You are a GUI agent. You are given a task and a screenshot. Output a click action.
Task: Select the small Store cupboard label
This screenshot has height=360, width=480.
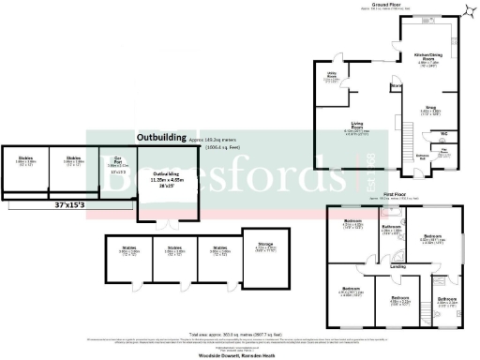pos(397,86)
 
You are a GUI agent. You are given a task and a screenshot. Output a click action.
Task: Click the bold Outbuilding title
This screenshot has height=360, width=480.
pos(160,138)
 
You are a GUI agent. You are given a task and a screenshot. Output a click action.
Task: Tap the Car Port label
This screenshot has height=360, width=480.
pos(117,159)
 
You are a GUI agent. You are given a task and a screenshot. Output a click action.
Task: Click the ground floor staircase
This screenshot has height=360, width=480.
pos(408,131)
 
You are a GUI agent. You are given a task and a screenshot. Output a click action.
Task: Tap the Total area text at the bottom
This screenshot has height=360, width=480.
pos(240,334)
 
